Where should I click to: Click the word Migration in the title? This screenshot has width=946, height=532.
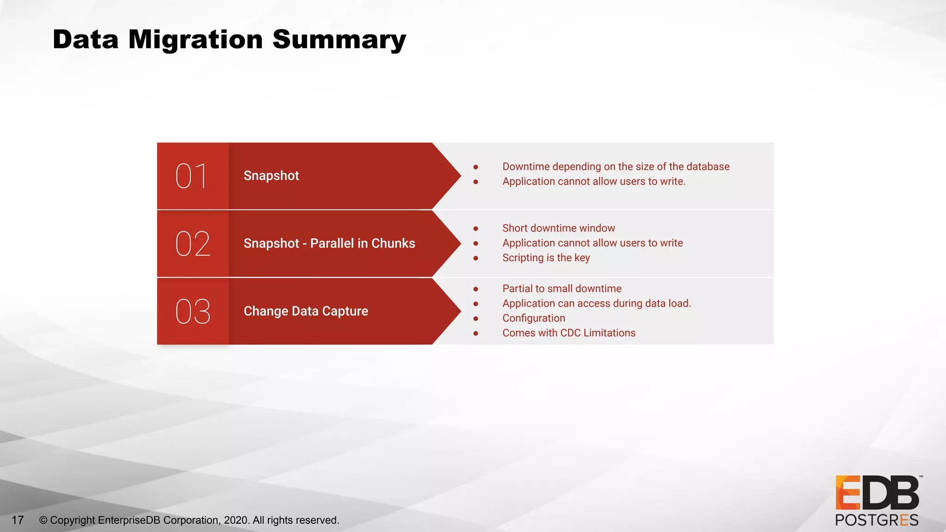tap(195, 40)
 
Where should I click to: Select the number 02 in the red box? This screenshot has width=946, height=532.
tap(193, 243)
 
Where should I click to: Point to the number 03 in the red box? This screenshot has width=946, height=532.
tap(193, 311)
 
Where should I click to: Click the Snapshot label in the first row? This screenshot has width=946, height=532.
tap(271, 176)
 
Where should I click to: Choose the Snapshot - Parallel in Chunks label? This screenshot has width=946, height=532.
tap(329, 243)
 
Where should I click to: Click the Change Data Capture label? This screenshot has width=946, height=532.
tap(306, 311)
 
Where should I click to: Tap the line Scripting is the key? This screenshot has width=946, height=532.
tap(546, 258)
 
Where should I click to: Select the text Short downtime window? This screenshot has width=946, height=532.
tap(558, 228)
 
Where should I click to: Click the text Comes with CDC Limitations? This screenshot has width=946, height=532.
tap(569, 333)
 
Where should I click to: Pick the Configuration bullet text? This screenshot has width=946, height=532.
tap(534, 318)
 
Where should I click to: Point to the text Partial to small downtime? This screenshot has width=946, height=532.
tap(562, 289)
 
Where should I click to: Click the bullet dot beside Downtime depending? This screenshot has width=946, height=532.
tap(475, 167)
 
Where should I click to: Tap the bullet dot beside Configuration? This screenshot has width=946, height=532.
tap(475, 319)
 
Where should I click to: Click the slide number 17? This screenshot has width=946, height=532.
tap(18, 520)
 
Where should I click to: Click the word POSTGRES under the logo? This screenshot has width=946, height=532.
tap(876, 520)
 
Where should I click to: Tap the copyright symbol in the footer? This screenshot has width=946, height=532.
tap(43, 520)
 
